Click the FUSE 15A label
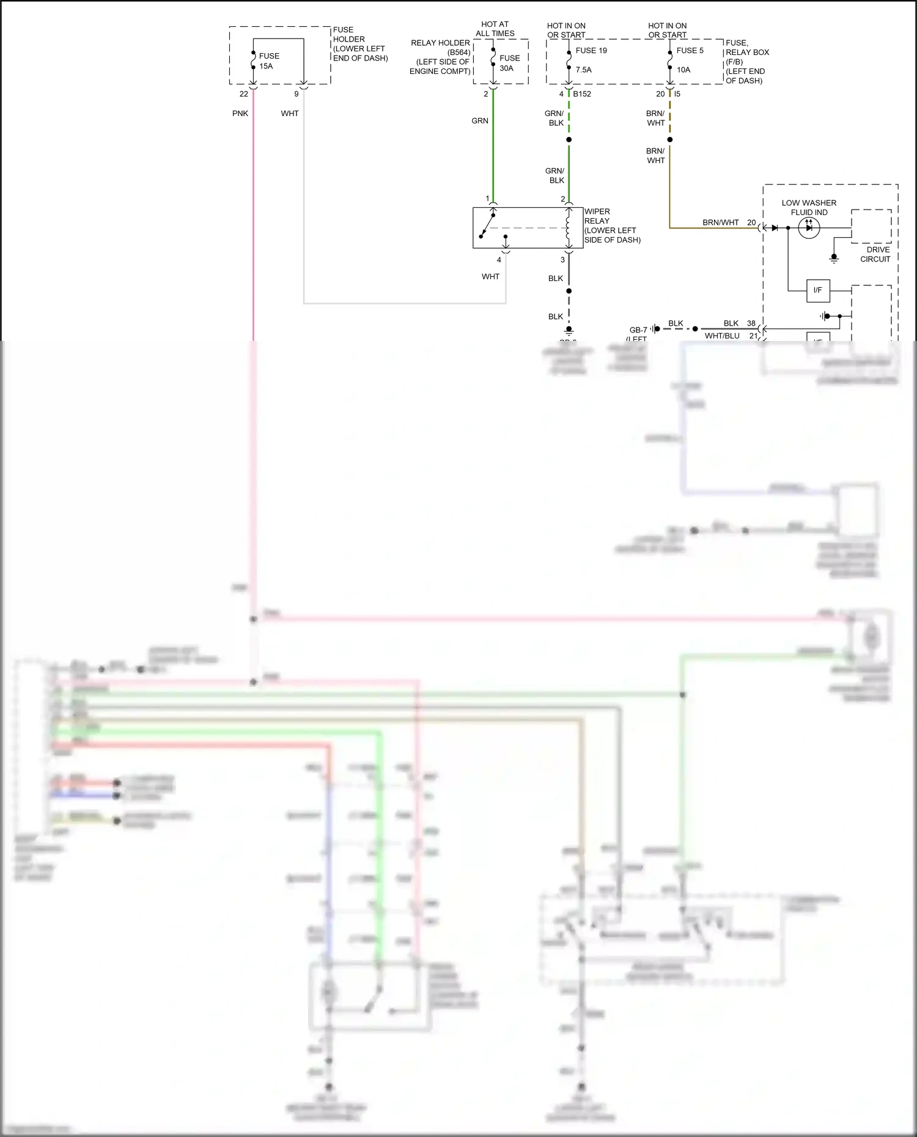(x=268, y=61)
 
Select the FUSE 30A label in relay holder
(x=509, y=63)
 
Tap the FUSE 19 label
(x=591, y=51)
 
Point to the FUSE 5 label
(x=690, y=51)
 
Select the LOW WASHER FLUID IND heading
(x=808, y=208)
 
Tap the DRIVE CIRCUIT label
(x=877, y=254)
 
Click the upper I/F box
(x=817, y=290)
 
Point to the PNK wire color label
(x=240, y=114)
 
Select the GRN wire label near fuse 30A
(x=479, y=121)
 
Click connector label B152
(x=581, y=94)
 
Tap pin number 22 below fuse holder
(x=243, y=94)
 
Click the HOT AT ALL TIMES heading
(x=495, y=29)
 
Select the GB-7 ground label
(x=638, y=330)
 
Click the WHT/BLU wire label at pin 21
(x=721, y=336)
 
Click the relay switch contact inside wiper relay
(x=487, y=225)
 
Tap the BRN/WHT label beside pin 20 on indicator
(x=720, y=222)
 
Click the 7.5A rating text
(x=583, y=70)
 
